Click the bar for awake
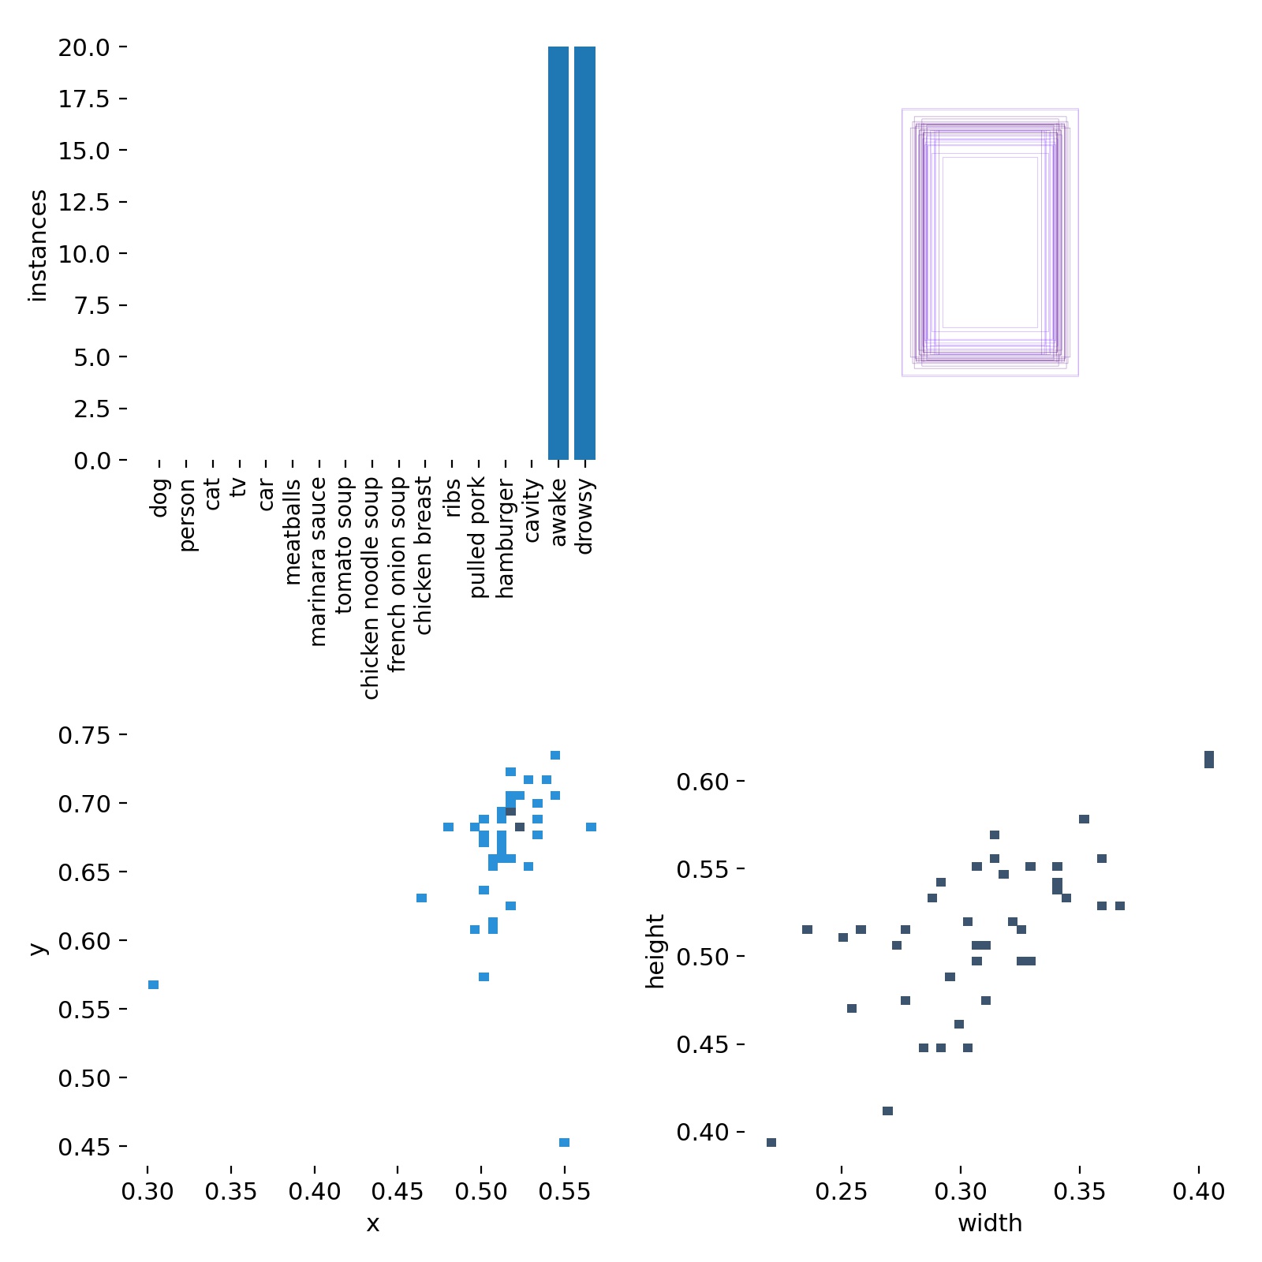pos(558,253)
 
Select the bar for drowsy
pos(584,253)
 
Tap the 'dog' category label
pos(159,497)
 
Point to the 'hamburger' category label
pos(505,539)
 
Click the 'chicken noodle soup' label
pos(371,588)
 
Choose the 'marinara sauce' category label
pos(318,561)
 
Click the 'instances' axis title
pos(38,245)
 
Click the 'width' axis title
pos(990,1223)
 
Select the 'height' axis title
pos(655,951)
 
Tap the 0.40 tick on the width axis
pos(1199,1191)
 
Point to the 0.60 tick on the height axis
pos(702,782)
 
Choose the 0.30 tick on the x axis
pos(147,1191)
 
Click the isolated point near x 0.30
pos(154,984)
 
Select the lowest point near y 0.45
pos(564,1142)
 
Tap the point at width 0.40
pos(1209,759)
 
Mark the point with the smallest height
pos(771,1142)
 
